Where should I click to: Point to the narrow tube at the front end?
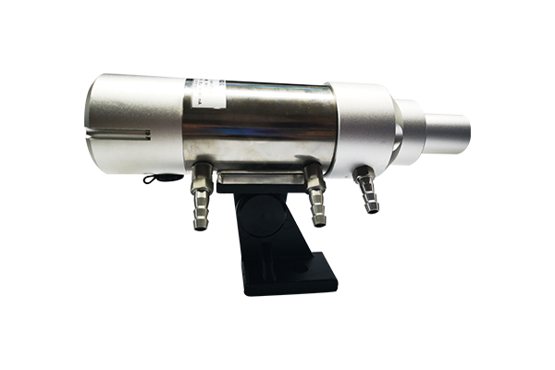[x=444, y=129]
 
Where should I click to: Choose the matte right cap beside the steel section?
[x=365, y=125]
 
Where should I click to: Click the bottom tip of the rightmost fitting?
[x=373, y=207]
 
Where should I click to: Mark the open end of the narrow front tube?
[x=467, y=129]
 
